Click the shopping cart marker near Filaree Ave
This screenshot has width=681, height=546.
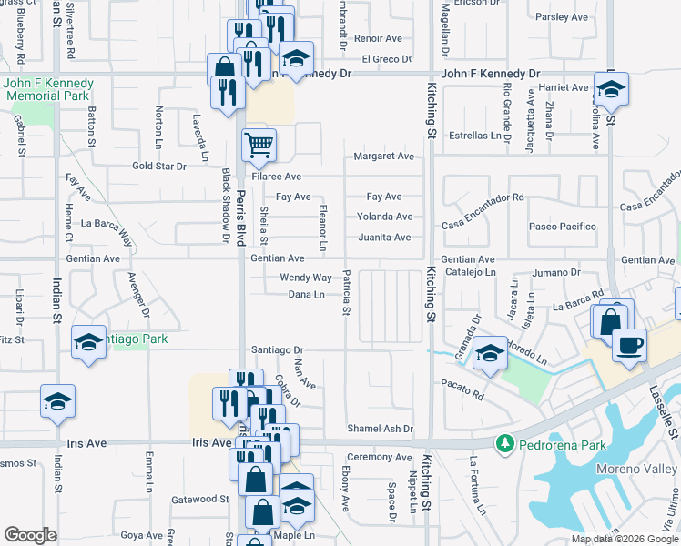pos(259,144)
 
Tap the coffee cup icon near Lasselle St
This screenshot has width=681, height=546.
pos(628,345)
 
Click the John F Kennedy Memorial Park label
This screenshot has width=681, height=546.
pos(46,88)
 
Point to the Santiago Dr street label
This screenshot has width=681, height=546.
pos(277,349)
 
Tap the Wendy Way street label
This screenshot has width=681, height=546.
pos(306,278)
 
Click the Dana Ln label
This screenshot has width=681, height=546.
pos(307,295)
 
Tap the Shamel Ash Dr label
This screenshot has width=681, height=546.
pos(381,429)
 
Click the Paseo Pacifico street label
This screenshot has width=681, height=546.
pos(563,227)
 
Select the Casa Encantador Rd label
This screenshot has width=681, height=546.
pos(483,197)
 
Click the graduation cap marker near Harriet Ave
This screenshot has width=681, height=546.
pos(611,90)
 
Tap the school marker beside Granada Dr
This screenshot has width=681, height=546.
pos(490,353)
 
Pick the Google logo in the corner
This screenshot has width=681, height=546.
pos(30,535)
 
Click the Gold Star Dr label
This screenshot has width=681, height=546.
pos(159,167)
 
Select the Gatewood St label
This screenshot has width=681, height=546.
pos(200,499)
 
